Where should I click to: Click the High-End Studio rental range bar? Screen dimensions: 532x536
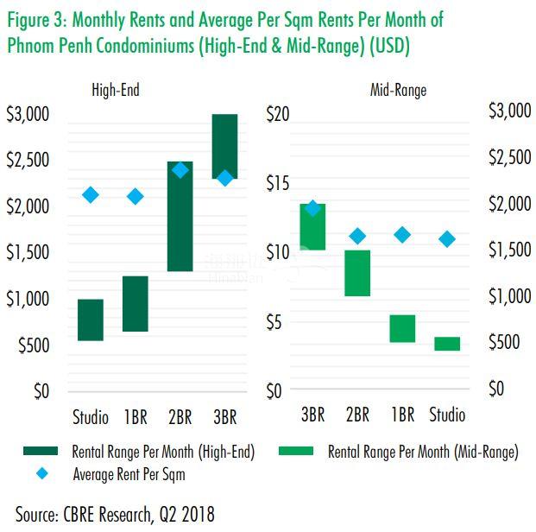91,320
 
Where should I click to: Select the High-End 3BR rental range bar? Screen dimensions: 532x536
224,147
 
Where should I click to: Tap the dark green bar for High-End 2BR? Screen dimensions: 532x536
180,217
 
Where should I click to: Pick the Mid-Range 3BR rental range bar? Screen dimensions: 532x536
312,226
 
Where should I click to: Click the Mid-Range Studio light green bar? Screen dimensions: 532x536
447,344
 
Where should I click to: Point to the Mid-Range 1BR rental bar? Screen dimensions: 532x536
402,328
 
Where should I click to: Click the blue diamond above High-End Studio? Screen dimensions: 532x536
91,195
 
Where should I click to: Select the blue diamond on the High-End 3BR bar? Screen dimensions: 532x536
224,178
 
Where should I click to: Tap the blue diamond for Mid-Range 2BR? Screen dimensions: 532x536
357,236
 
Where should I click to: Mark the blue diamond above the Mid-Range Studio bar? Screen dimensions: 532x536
447,239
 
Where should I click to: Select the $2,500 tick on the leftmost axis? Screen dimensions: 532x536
28,161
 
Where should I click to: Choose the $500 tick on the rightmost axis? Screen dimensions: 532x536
506,343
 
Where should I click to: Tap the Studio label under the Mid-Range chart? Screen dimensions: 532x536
447,415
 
